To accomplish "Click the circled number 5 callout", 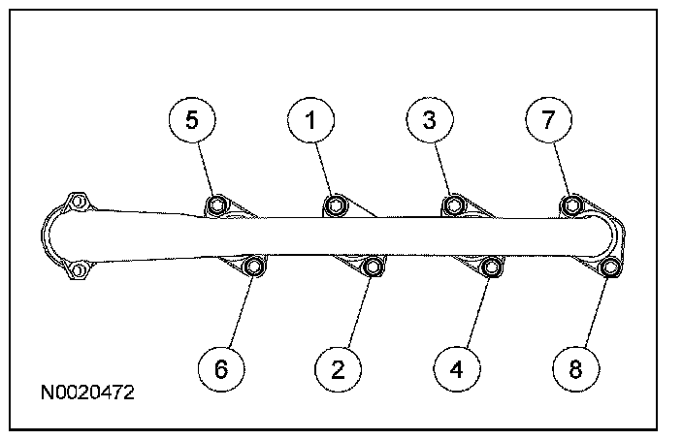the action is (192, 119).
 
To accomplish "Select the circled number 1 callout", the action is (310, 120).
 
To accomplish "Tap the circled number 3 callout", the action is (430, 119).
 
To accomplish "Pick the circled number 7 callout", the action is (548, 119).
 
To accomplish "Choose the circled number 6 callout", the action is (221, 369).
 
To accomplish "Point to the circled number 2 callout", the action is (338, 369).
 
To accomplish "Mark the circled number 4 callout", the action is (457, 369).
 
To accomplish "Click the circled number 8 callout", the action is (575, 369).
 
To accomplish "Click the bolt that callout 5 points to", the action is (217, 205).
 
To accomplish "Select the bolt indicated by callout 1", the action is (336, 205).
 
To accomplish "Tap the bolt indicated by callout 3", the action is (454, 205).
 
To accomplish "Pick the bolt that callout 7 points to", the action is (571, 205).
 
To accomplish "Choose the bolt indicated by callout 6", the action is (254, 266).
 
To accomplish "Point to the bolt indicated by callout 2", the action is (373, 267).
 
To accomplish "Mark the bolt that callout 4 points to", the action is (491, 267).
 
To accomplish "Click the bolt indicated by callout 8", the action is (609, 267).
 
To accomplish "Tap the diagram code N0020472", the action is (87, 393).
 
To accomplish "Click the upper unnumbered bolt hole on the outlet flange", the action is (78, 202).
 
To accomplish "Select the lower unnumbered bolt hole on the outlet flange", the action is (78, 270).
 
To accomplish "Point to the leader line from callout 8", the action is (597, 312).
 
